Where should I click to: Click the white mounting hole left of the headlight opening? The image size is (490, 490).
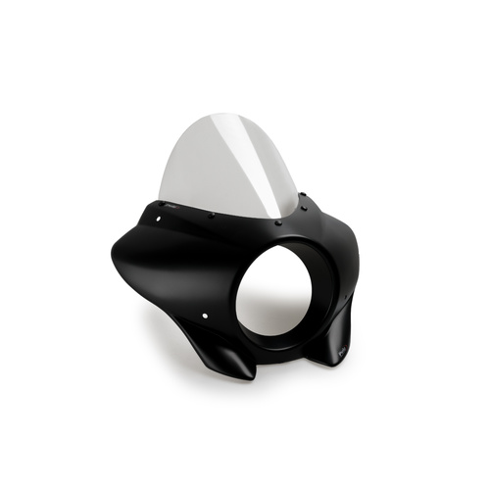204,315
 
